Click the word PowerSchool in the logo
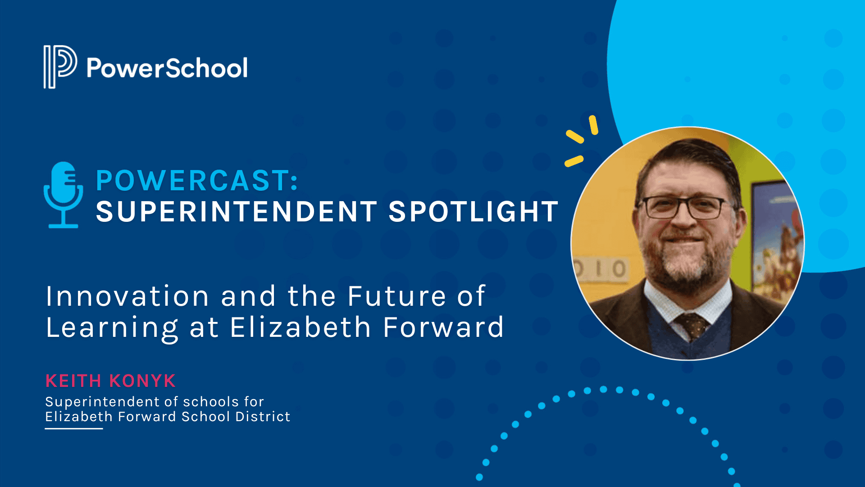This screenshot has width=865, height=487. click(x=167, y=68)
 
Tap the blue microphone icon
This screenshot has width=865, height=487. click(x=63, y=194)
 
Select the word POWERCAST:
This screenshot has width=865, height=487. click(x=197, y=180)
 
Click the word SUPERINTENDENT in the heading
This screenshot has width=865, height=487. click(x=236, y=211)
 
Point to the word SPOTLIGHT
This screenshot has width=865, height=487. click(x=473, y=211)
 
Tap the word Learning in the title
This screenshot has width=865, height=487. click(x=112, y=328)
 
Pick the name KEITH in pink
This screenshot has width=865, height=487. click(x=73, y=381)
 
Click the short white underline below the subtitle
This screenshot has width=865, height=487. click(x=74, y=428)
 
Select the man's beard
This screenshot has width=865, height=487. click(x=685, y=266)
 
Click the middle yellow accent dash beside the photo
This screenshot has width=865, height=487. click(x=575, y=136)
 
